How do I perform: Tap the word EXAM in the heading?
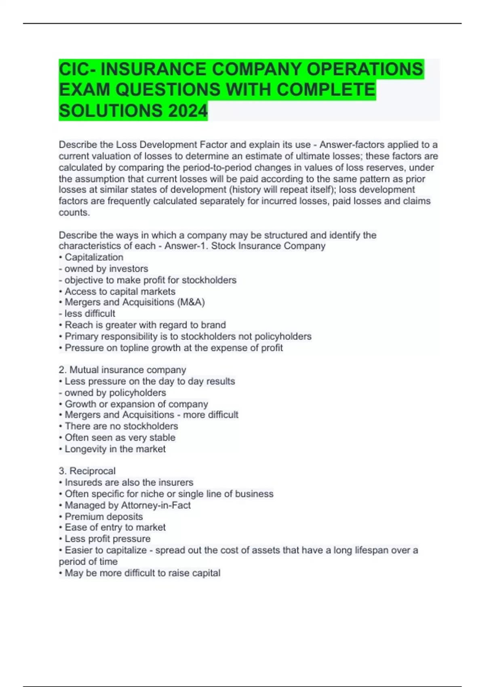84,89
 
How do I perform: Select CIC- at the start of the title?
78,69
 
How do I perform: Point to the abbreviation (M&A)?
191,302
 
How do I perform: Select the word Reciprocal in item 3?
93,471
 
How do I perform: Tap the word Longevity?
84,449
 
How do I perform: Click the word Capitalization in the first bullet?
94,257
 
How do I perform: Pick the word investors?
129,269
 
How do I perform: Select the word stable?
162,438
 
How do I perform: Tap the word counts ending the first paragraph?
73,213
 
